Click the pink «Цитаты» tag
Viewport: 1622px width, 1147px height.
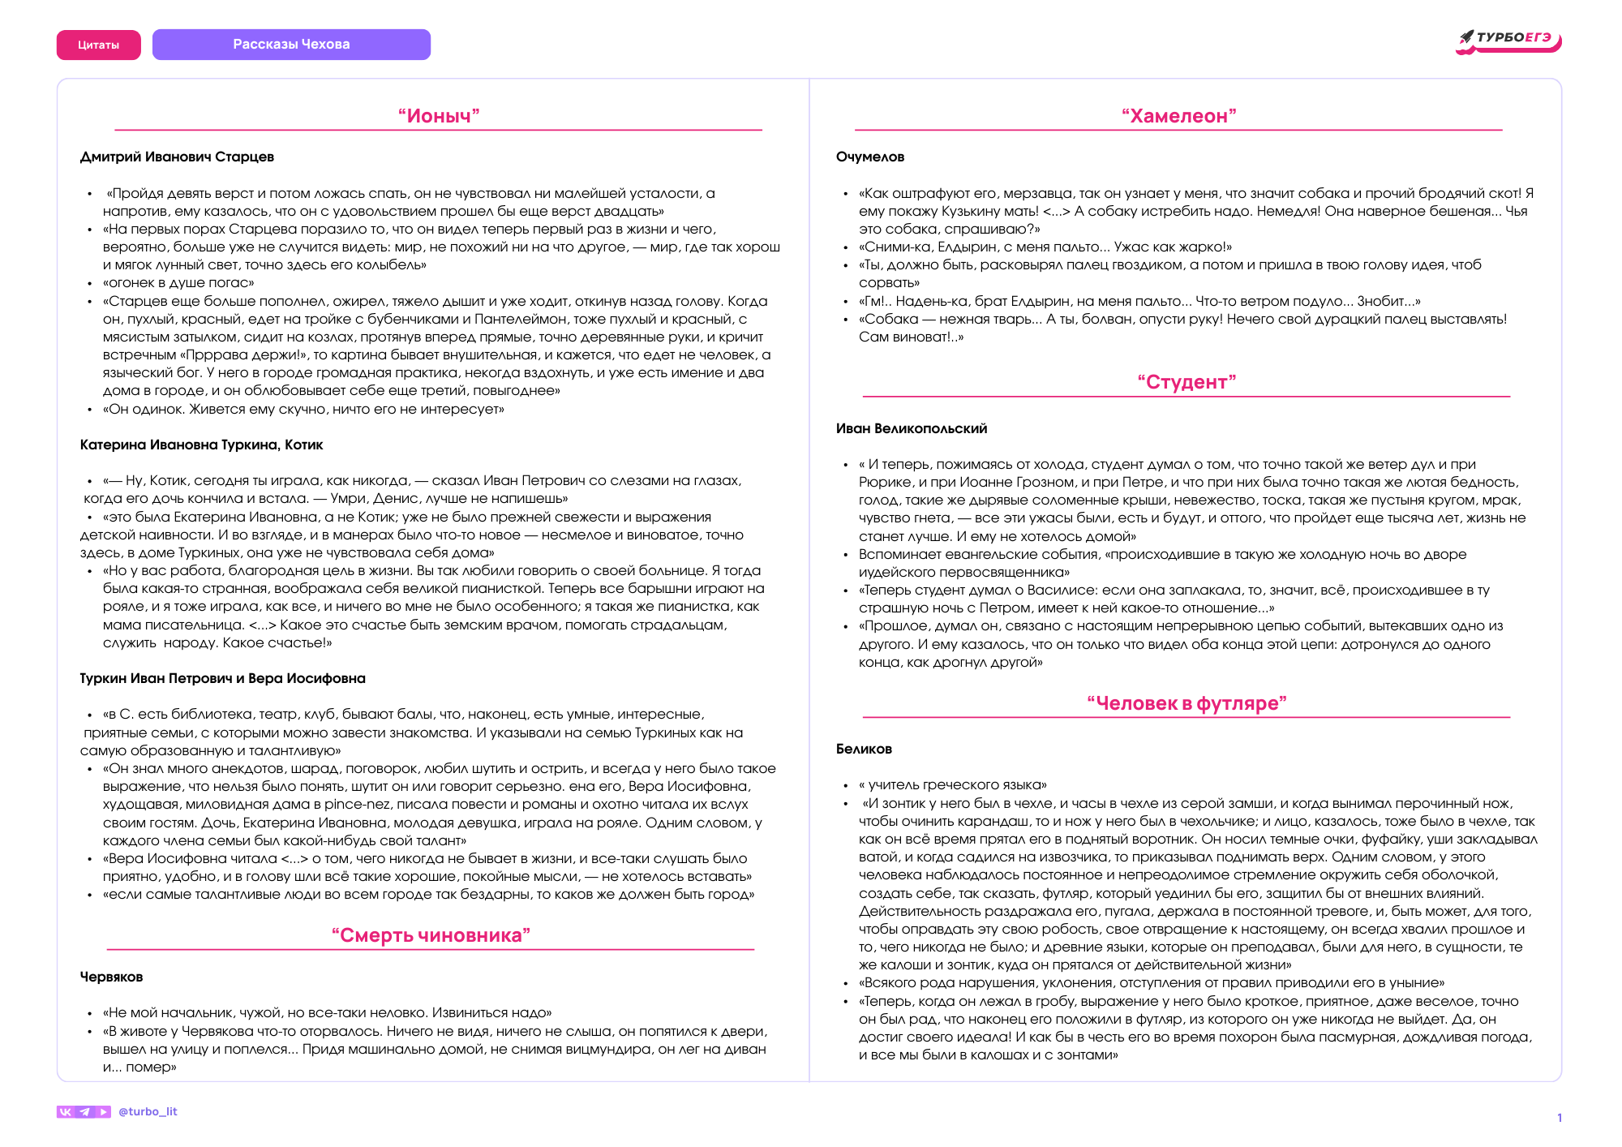(x=98, y=45)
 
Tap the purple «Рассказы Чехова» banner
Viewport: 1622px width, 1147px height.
(x=291, y=44)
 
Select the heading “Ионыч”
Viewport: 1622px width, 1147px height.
(x=439, y=116)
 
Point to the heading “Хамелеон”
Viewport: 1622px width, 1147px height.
(x=1178, y=116)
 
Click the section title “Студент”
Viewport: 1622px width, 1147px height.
(x=1186, y=382)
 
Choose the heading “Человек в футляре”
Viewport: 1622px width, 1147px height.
(x=1186, y=703)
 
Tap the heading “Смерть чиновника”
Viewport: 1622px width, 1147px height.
(x=431, y=935)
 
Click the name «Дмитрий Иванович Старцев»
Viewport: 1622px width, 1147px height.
(x=177, y=157)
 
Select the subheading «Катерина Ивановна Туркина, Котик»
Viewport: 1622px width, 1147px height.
(x=201, y=445)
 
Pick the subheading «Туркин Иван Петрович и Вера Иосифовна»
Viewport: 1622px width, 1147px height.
(x=222, y=678)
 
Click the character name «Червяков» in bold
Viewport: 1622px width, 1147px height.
(x=111, y=977)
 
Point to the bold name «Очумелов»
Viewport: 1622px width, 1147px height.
(x=869, y=157)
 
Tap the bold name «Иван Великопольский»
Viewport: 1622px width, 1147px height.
(x=911, y=428)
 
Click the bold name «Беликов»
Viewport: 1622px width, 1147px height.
(x=864, y=749)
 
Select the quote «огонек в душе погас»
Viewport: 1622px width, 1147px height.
(x=178, y=283)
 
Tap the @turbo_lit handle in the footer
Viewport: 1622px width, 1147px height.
(x=148, y=1111)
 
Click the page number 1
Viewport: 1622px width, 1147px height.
(x=1559, y=1118)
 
